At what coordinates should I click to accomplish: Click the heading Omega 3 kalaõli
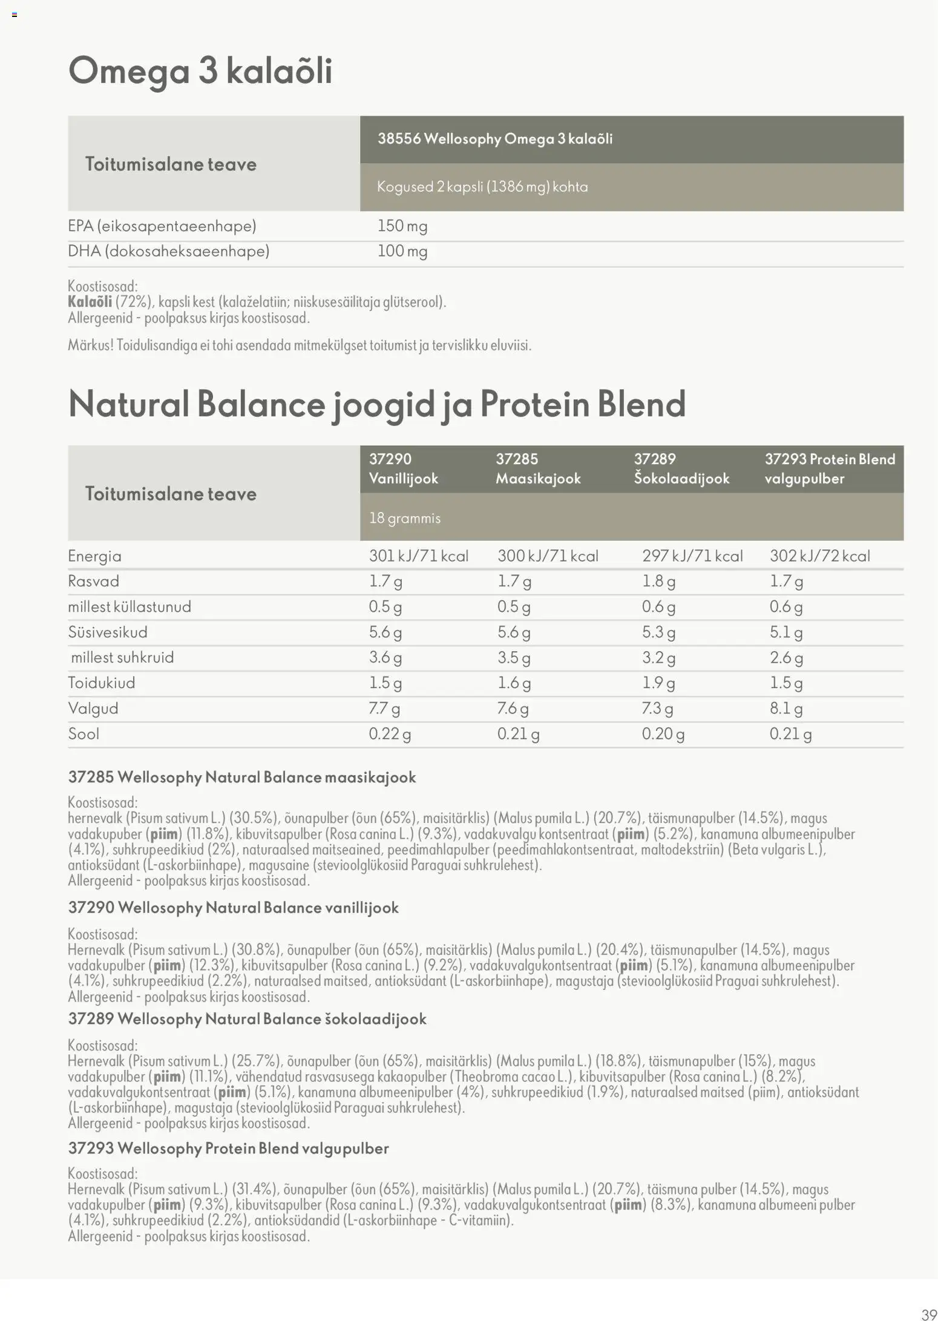coord(200,71)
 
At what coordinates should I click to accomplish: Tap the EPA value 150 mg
coord(402,226)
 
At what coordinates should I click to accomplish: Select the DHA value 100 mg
coord(402,251)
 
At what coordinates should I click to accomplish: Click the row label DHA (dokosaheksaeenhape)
coord(168,251)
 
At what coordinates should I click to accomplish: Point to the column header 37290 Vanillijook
coord(404,468)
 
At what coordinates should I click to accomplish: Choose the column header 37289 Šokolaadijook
coord(681,468)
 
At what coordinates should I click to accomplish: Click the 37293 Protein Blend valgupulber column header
coord(830,468)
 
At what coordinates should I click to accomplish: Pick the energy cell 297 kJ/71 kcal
coord(692,556)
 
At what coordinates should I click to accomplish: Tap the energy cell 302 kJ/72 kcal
coord(820,556)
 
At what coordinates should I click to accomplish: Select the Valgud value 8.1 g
coord(786,709)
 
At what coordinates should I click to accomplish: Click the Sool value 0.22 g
coord(390,734)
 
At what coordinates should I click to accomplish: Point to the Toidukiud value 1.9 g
coord(658,683)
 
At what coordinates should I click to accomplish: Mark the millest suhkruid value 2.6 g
coord(786,658)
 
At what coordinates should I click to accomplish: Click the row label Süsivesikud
coord(108,632)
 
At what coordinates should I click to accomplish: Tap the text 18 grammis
coord(405,518)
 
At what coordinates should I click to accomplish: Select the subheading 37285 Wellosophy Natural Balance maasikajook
coord(242,777)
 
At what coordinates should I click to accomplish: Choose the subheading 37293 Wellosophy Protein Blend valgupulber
coord(228,1148)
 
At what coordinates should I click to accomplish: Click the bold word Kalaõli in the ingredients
coord(90,302)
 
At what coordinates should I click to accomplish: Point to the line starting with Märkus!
coord(300,346)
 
